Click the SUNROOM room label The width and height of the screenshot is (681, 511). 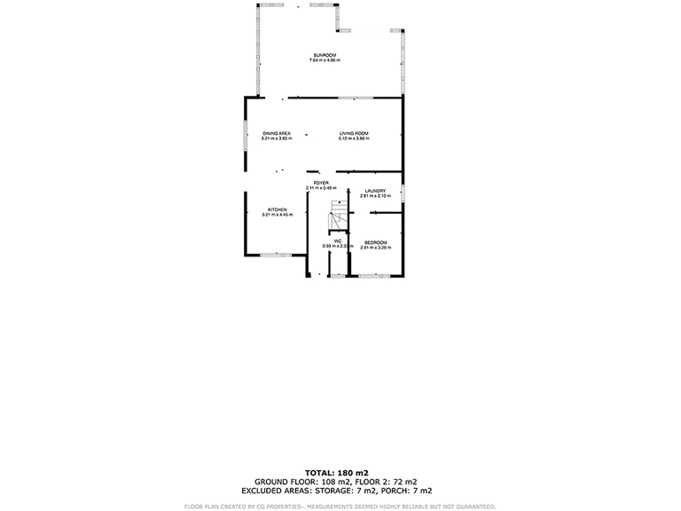(x=324, y=55)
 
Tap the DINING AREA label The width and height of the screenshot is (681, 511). (x=277, y=133)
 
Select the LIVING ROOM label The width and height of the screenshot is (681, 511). (x=354, y=133)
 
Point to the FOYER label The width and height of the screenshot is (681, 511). (x=321, y=183)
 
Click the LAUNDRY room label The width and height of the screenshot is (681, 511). (x=374, y=190)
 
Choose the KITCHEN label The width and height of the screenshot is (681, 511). (x=277, y=209)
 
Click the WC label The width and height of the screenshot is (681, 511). (x=338, y=240)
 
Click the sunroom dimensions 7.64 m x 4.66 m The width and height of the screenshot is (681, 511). (x=324, y=60)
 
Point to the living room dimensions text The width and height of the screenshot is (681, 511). (x=354, y=138)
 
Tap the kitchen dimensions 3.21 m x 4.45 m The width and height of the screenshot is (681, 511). (x=277, y=215)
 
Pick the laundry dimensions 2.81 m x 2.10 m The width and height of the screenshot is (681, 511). (x=374, y=195)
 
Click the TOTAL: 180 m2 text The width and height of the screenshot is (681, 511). (x=337, y=473)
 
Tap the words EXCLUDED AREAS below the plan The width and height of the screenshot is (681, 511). (x=279, y=491)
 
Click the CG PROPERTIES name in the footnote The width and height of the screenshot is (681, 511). (x=272, y=507)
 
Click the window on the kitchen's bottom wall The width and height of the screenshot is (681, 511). (x=276, y=255)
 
